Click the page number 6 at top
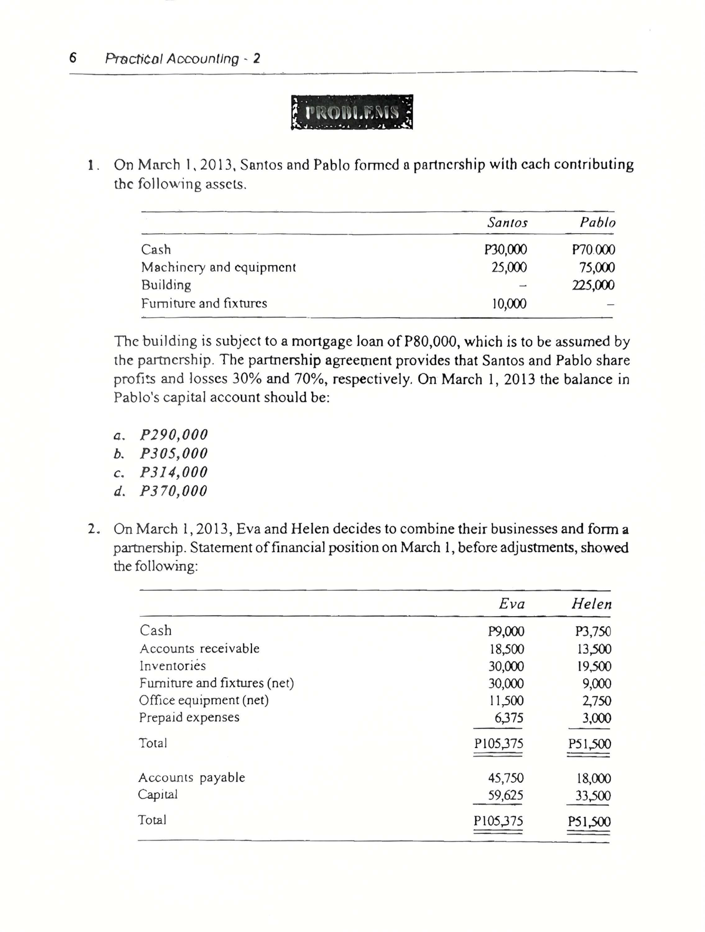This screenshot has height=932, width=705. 73,58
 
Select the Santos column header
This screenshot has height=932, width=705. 508,223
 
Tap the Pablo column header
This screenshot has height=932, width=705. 597,223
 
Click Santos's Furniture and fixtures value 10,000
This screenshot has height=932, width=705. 508,304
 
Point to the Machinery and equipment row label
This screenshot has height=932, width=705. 218,267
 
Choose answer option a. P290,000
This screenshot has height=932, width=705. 160,435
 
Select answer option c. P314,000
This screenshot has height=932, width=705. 160,472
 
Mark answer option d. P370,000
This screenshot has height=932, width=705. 160,491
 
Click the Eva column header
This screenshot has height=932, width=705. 511,604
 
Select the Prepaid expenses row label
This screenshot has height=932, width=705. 189,718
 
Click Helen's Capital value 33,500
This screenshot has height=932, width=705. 593,796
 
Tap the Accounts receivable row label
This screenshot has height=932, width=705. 199,649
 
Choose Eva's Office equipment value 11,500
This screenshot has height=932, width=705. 506,701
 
